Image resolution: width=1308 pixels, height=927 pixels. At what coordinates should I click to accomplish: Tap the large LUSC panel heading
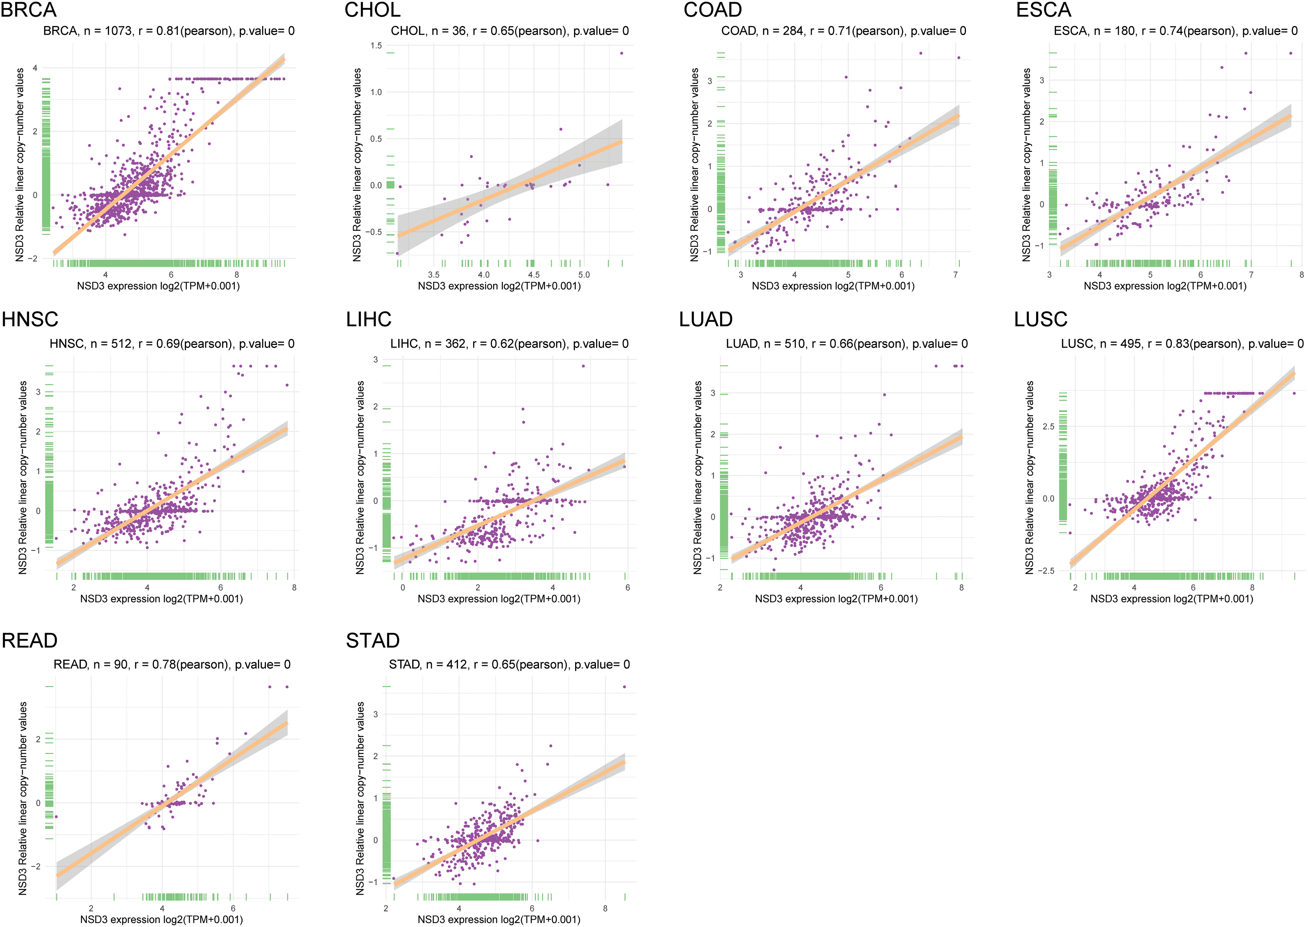pyautogui.click(x=1040, y=319)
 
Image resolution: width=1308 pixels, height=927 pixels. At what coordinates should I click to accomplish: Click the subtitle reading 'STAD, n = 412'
pyautogui.click(x=509, y=664)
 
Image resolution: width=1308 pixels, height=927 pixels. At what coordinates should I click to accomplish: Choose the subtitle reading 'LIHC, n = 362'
pyautogui.click(x=509, y=344)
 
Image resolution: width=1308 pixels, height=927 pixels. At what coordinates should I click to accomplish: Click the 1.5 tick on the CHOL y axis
pyautogui.click(x=376, y=46)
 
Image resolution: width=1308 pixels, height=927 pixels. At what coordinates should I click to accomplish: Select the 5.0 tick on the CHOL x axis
pyautogui.click(x=584, y=274)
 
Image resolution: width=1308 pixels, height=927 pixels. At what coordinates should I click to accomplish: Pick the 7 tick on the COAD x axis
pyautogui.click(x=955, y=274)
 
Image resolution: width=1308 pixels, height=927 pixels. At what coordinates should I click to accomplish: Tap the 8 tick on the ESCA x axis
pyautogui.click(x=1301, y=274)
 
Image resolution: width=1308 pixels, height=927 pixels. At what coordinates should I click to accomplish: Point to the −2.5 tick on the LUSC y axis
pyautogui.click(x=1045, y=571)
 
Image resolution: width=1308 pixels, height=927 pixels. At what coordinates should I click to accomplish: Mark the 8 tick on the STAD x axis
pyautogui.click(x=606, y=908)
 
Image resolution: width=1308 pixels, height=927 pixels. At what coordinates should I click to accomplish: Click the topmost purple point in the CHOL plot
pyautogui.click(x=621, y=53)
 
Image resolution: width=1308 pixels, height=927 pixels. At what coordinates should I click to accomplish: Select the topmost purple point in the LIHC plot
pyautogui.click(x=583, y=366)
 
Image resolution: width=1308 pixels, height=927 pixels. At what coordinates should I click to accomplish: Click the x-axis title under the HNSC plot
pyautogui.click(x=161, y=599)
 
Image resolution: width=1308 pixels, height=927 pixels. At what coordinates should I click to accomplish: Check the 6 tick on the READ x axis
pyautogui.click(x=233, y=908)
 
